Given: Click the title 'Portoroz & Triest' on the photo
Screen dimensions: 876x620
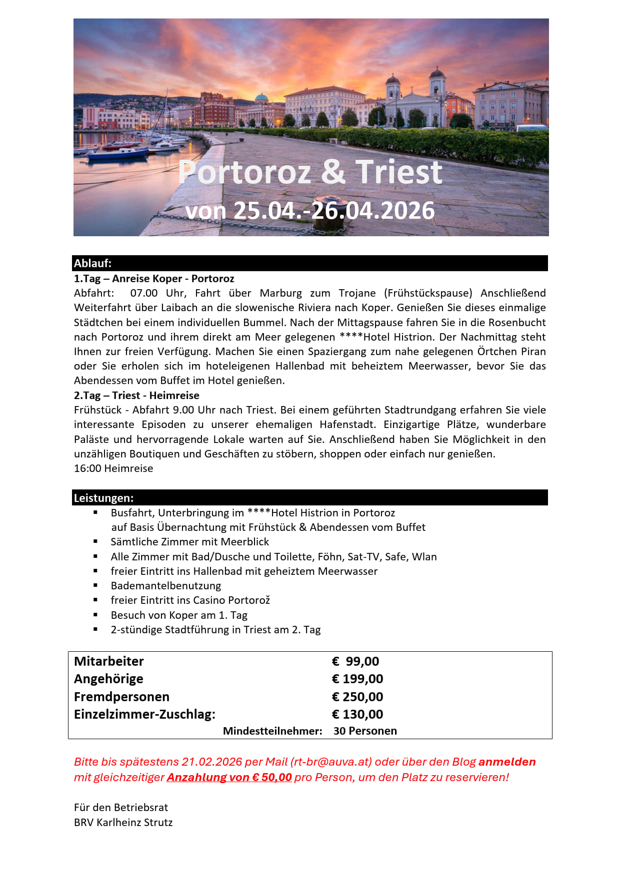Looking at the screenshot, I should coord(310,172).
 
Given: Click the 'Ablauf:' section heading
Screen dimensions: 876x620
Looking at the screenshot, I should coord(93,263).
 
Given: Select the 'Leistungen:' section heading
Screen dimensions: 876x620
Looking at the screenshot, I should coord(104,498).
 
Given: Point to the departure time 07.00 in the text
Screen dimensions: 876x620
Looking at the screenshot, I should coord(144,293).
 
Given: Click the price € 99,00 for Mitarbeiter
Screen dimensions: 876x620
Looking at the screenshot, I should coord(355,661).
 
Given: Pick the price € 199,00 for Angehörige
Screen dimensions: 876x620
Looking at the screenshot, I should coord(357,679).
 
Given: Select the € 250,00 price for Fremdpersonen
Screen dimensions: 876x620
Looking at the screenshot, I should coord(357,697).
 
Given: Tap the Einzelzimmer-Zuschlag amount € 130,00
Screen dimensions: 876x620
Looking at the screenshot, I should coord(357,714).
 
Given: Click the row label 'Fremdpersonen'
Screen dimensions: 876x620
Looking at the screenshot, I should coord(121,697).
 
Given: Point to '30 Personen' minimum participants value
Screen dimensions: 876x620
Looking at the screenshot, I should coord(365,731).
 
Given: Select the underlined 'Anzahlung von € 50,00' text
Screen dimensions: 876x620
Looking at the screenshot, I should coord(229,778).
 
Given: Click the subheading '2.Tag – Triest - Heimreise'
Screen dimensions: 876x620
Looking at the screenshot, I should coord(136,396).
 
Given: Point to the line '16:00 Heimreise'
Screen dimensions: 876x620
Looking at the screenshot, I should coord(113,468).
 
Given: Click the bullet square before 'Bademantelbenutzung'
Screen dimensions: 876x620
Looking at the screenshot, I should coord(95,585).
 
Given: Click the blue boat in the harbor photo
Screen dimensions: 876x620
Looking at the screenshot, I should coord(118,154).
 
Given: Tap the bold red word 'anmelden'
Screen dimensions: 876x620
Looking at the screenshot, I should coord(507,762).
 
